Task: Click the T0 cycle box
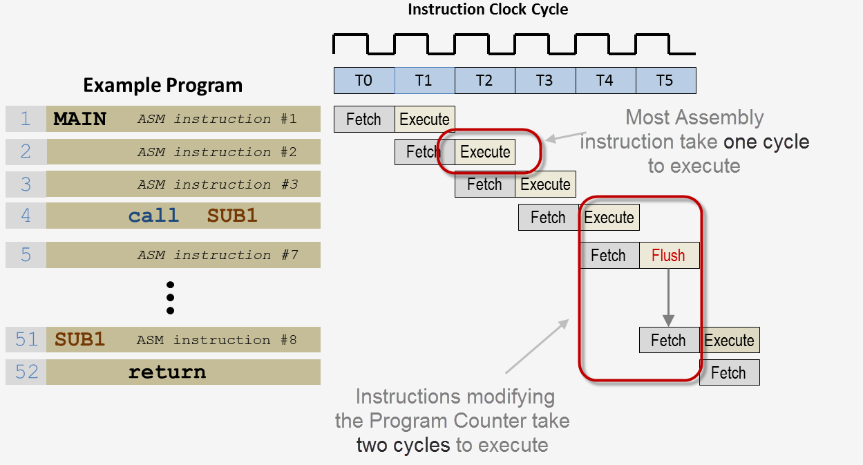click(x=364, y=81)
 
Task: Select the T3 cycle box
click(x=544, y=81)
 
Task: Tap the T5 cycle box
click(x=665, y=81)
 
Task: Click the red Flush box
click(x=669, y=256)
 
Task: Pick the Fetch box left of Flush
click(x=609, y=256)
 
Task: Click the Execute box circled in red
click(x=485, y=152)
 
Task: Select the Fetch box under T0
click(x=364, y=120)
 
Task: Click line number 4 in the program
click(x=26, y=216)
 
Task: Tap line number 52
click(x=26, y=372)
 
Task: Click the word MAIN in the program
click(x=80, y=120)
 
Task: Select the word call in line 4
click(x=153, y=216)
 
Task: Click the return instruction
click(x=167, y=372)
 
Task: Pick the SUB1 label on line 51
click(x=79, y=340)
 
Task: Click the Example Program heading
click(x=162, y=86)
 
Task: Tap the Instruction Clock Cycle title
click(x=488, y=10)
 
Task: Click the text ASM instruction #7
click(x=218, y=255)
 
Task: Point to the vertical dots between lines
click(x=170, y=298)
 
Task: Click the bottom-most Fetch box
click(x=729, y=373)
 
